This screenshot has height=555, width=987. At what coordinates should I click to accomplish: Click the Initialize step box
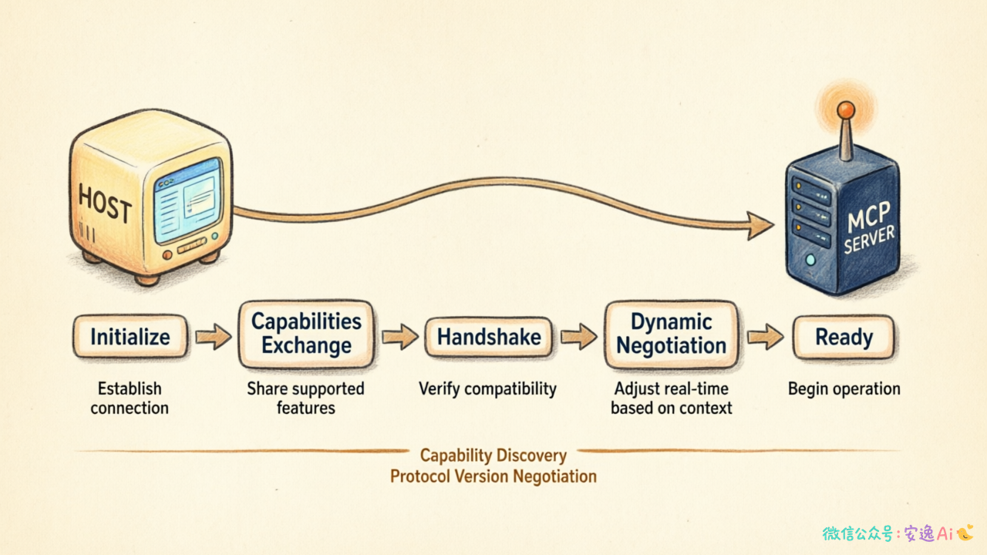(130, 336)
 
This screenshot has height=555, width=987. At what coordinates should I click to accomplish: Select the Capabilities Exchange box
(306, 334)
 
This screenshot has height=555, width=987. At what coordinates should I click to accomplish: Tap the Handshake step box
(489, 337)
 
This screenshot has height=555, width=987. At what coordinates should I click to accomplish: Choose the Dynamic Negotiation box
(671, 334)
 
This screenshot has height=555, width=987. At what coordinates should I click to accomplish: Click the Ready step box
(844, 337)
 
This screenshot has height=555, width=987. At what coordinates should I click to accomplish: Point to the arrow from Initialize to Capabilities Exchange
(214, 337)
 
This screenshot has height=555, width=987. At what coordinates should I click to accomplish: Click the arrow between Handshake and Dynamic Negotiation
(579, 337)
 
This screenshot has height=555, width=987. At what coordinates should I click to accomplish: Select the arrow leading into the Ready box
(766, 337)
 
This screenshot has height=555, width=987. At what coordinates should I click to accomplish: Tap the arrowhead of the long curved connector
(760, 226)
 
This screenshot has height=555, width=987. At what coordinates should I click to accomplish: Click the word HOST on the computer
(105, 203)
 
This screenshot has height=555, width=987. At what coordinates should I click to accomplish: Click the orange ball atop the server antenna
(846, 109)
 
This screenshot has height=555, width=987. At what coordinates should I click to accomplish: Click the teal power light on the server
(810, 260)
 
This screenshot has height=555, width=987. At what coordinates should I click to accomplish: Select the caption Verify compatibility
(487, 389)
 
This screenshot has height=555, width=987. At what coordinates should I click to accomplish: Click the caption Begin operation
(844, 389)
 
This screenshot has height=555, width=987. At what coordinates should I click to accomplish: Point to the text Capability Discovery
(493, 456)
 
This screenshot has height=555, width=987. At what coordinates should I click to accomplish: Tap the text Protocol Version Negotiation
(493, 476)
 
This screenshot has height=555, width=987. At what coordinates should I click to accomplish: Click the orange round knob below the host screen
(167, 255)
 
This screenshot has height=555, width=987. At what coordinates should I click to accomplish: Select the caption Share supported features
(306, 399)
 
